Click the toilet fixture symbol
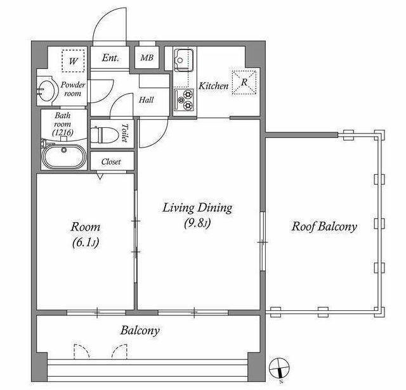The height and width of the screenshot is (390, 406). pos(104,134)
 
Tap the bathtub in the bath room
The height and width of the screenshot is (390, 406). pos(64,156)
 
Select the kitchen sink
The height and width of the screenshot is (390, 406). pos(183,60)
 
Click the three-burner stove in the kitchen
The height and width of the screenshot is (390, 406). pos(184,100)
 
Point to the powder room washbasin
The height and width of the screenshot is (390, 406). pos(46,91)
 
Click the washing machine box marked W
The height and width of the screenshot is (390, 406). pos(74,61)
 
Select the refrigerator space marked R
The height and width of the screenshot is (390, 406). pos(244,82)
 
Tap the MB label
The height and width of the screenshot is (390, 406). pos(147,58)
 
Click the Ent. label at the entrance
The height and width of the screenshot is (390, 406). pos(110,58)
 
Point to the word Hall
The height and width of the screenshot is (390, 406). pos(147,100)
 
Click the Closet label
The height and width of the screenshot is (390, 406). pos(111,162)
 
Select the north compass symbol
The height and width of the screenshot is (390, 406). pos(279,367)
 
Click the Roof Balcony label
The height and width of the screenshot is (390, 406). pos(324,227)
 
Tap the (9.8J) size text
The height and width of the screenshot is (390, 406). pos(197,223)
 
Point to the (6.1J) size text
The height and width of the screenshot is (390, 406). pos(86,242)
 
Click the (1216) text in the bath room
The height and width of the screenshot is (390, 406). pos(63,132)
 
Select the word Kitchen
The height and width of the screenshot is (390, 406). pos(213,86)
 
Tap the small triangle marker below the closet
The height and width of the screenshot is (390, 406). pos(100,176)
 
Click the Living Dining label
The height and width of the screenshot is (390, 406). pos(197,208)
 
